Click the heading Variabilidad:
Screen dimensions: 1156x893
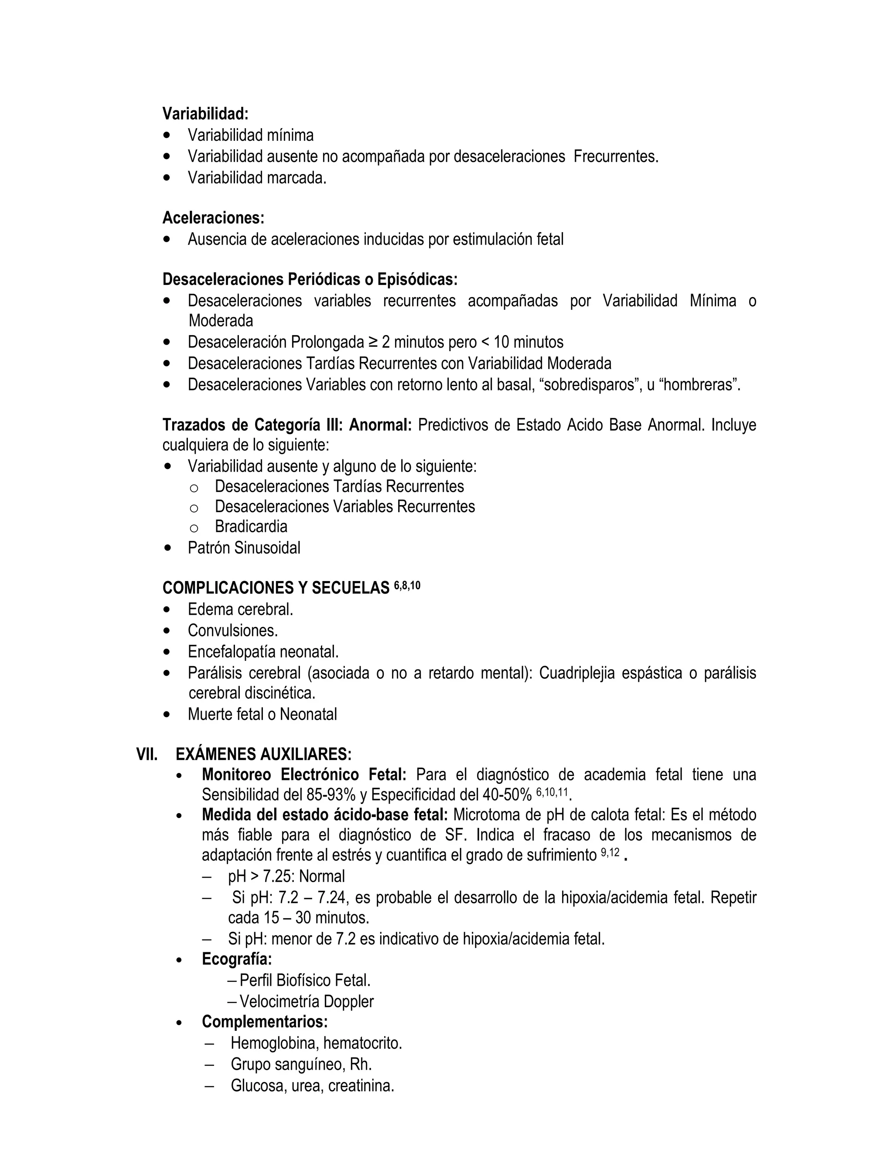tap(205, 113)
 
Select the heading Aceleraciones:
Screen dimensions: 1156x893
tap(213, 218)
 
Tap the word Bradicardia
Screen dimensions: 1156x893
tap(251, 527)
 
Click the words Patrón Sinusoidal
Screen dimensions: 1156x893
tap(243, 548)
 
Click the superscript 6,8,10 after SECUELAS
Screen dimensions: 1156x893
tap(407, 586)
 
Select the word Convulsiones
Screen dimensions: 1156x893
tap(232, 630)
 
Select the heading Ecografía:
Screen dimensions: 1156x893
tap(236, 958)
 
